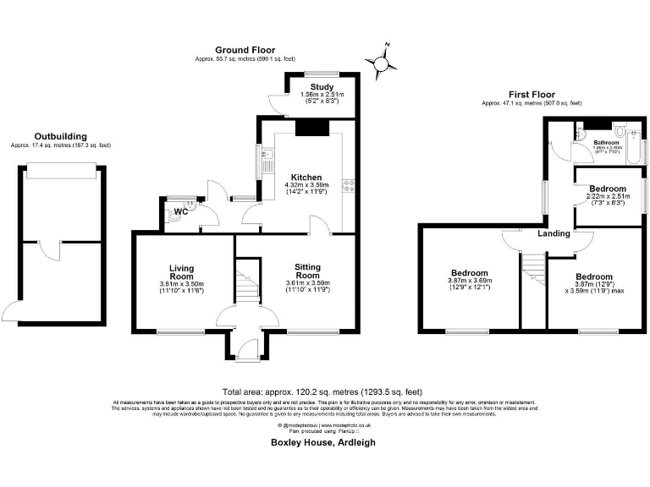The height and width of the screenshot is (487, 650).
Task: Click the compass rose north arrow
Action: pos(382,61)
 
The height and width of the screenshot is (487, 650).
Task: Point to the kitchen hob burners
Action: pos(347,188)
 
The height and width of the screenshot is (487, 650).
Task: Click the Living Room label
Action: pos(182,271)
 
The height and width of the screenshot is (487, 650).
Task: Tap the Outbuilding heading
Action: pos(60,135)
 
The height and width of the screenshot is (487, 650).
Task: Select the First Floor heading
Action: pos(532,94)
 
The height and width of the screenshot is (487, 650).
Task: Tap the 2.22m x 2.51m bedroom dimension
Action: pos(608,197)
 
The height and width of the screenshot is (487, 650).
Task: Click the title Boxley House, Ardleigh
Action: pos(322,442)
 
